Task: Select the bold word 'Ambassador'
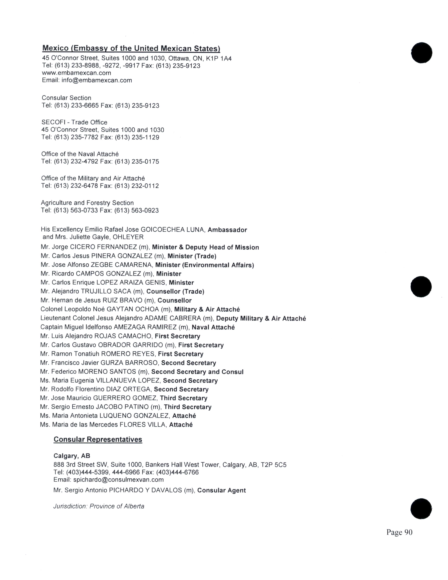[227, 230]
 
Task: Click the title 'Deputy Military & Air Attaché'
[261, 319]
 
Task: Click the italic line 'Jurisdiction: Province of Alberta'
[99, 506]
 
